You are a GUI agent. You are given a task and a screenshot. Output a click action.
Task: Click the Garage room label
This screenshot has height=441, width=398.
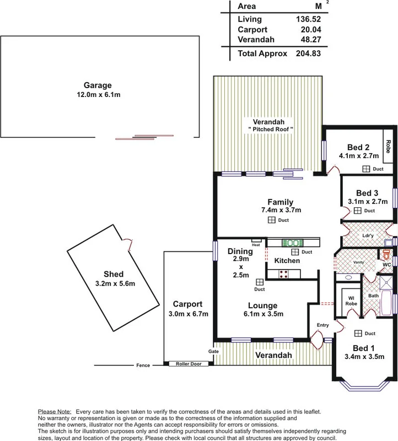[x=98, y=85]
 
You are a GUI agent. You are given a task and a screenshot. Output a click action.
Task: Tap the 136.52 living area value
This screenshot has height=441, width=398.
[x=308, y=18]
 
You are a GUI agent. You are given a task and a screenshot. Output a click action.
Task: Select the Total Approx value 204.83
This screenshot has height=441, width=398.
[x=308, y=54]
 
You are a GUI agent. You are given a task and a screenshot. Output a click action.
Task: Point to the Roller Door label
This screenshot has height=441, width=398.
[x=189, y=364]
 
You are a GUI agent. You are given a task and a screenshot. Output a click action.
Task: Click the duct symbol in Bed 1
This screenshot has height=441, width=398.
[x=358, y=333]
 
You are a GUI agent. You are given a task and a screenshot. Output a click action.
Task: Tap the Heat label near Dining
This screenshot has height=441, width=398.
[x=256, y=246]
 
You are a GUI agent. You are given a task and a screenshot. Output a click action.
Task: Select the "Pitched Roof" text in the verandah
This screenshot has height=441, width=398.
[x=270, y=129]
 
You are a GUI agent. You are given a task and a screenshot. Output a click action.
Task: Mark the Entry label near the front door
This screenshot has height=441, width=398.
[x=323, y=325]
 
